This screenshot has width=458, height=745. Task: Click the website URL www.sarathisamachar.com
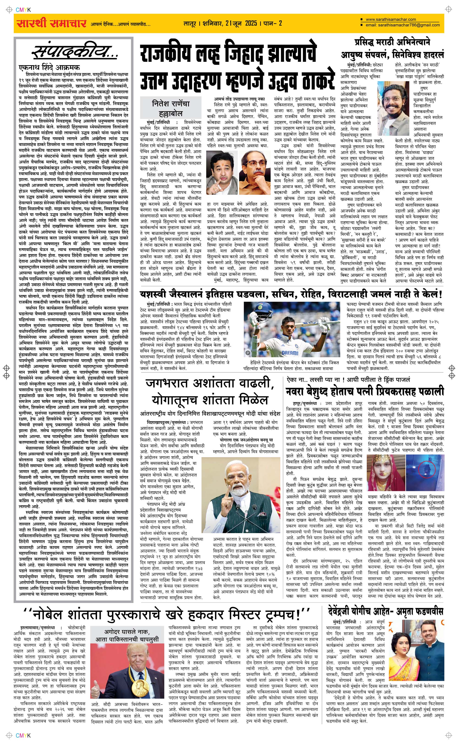click(390, 19)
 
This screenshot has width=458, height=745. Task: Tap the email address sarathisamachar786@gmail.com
click(403, 25)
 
